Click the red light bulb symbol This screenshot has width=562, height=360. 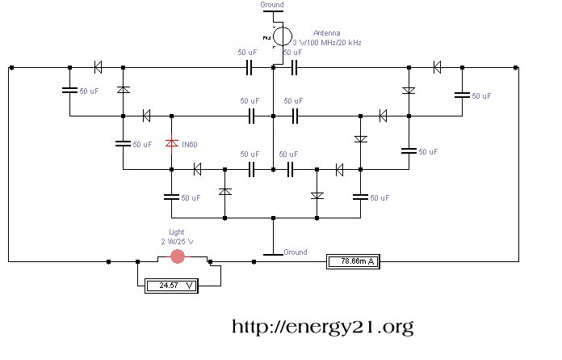178,256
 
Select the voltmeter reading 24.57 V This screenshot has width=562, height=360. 179,286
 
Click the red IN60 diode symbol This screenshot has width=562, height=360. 171,143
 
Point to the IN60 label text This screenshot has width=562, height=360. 190,144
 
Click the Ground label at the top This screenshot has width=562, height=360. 272,5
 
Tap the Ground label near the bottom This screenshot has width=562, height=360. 296,252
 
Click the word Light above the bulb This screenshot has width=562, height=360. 177,231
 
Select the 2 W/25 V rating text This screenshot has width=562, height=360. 177,240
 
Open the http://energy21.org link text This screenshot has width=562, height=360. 323,327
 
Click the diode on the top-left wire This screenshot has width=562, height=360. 98,67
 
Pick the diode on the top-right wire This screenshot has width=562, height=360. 437,67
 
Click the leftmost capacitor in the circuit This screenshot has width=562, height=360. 69,91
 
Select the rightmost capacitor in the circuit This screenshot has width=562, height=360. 462,95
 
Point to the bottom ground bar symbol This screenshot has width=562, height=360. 274,254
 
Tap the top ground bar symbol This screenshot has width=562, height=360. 273,11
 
